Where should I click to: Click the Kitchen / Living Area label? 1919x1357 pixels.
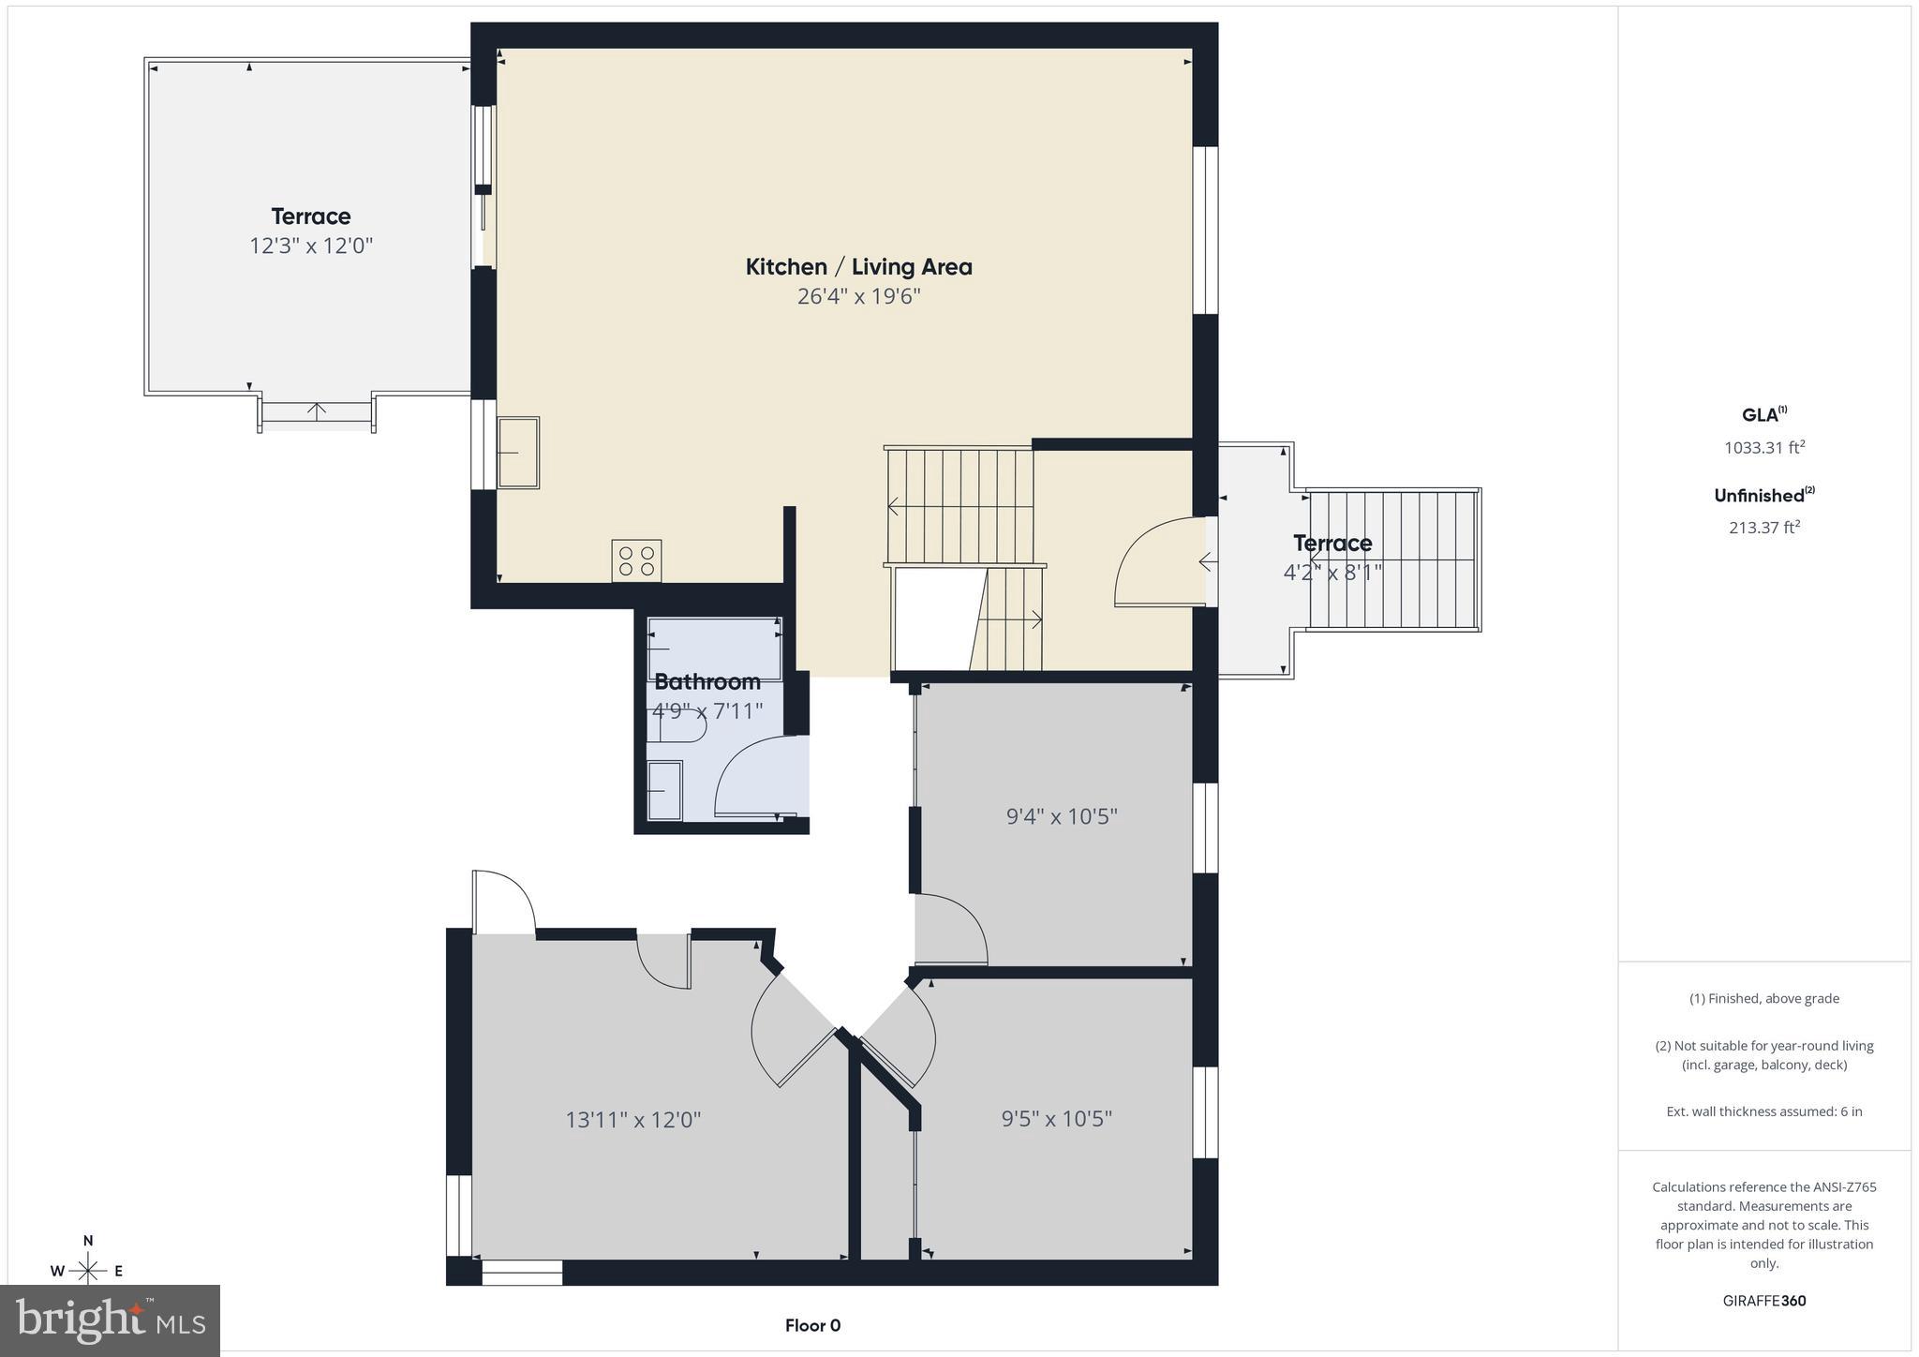point(858,267)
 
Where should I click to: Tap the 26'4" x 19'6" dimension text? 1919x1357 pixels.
point(858,297)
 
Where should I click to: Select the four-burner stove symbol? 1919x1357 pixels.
point(636,560)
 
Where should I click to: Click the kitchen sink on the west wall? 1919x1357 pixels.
point(517,453)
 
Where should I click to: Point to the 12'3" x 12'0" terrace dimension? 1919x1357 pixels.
point(310,246)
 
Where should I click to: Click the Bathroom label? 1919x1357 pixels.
point(707,681)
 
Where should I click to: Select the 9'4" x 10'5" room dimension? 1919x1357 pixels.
point(1061,816)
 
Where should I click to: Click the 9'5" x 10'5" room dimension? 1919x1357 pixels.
point(1056,1119)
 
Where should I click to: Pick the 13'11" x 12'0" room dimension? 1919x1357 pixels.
point(632,1120)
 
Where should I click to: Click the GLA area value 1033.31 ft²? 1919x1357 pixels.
point(1763,448)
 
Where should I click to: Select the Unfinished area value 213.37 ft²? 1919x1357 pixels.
point(1763,528)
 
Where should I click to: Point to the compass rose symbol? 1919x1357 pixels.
point(88,1270)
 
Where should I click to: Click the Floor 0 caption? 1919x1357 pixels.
point(812,1325)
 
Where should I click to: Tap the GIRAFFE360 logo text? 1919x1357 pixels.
point(1763,1301)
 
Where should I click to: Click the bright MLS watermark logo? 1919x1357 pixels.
point(111,1320)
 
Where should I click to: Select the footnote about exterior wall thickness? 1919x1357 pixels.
point(1763,1111)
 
